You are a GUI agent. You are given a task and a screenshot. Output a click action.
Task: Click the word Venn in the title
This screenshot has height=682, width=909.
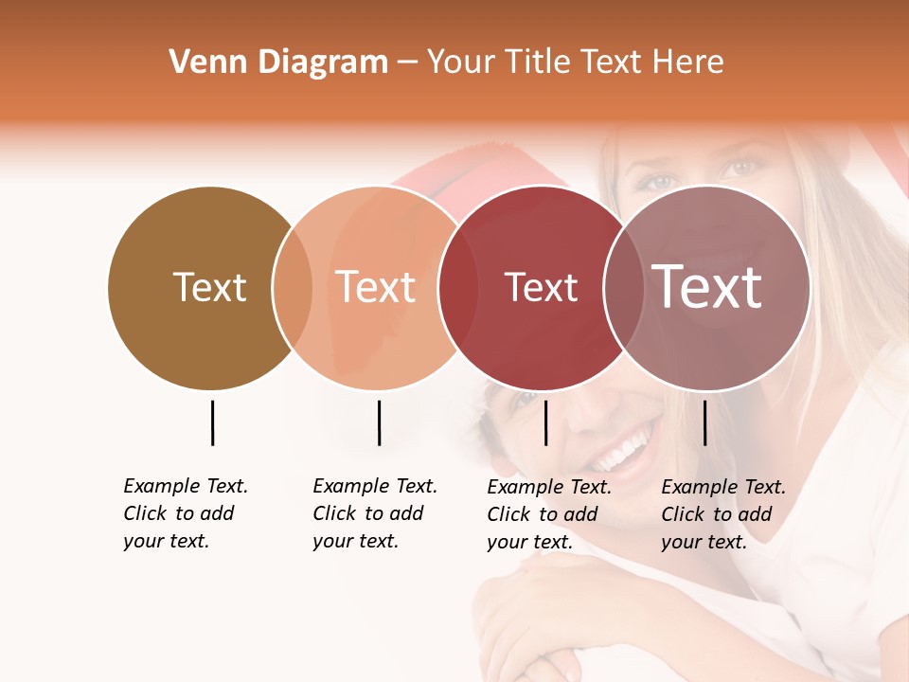coord(200,63)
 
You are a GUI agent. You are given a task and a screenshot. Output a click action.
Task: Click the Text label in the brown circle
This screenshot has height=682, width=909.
coord(209,288)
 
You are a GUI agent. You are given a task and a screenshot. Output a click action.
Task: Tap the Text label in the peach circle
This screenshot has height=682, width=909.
coord(376,288)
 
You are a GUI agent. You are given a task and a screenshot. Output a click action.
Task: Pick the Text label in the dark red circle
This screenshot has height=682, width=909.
coord(541,288)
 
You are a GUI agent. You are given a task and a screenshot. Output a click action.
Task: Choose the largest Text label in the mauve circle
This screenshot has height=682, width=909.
coord(707,287)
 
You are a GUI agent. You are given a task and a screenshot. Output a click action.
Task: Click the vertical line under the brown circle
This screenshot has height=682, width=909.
coord(212,422)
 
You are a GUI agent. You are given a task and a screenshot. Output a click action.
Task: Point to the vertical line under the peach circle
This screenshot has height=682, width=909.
coord(379,422)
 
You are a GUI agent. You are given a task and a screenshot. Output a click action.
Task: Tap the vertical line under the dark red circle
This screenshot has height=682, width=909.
coord(546,422)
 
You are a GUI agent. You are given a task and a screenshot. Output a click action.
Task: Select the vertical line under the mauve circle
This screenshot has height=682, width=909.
coord(704,422)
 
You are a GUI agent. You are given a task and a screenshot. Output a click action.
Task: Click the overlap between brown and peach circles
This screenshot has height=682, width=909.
coord(293,288)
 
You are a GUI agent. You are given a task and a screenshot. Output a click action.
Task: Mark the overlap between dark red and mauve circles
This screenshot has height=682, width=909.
coord(620,288)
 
